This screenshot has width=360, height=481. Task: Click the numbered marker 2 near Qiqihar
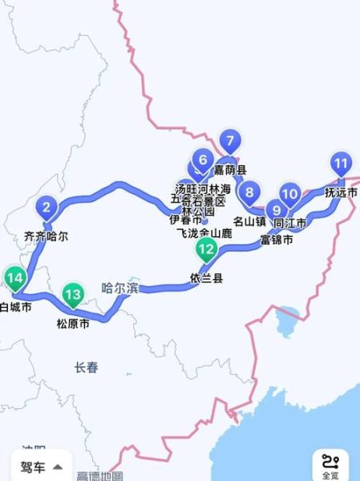click(x=47, y=210)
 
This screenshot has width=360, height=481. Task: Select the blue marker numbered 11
click(x=342, y=166)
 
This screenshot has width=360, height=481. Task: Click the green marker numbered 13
click(x=74, y=295)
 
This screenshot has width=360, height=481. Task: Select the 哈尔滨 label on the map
click(x=120, y=289)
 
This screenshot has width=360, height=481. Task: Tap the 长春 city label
click(x=86, y=367)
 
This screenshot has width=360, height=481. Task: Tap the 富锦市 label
click(x=277, y=239)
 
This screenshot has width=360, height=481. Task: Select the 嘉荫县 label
click(x=230, y=170)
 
